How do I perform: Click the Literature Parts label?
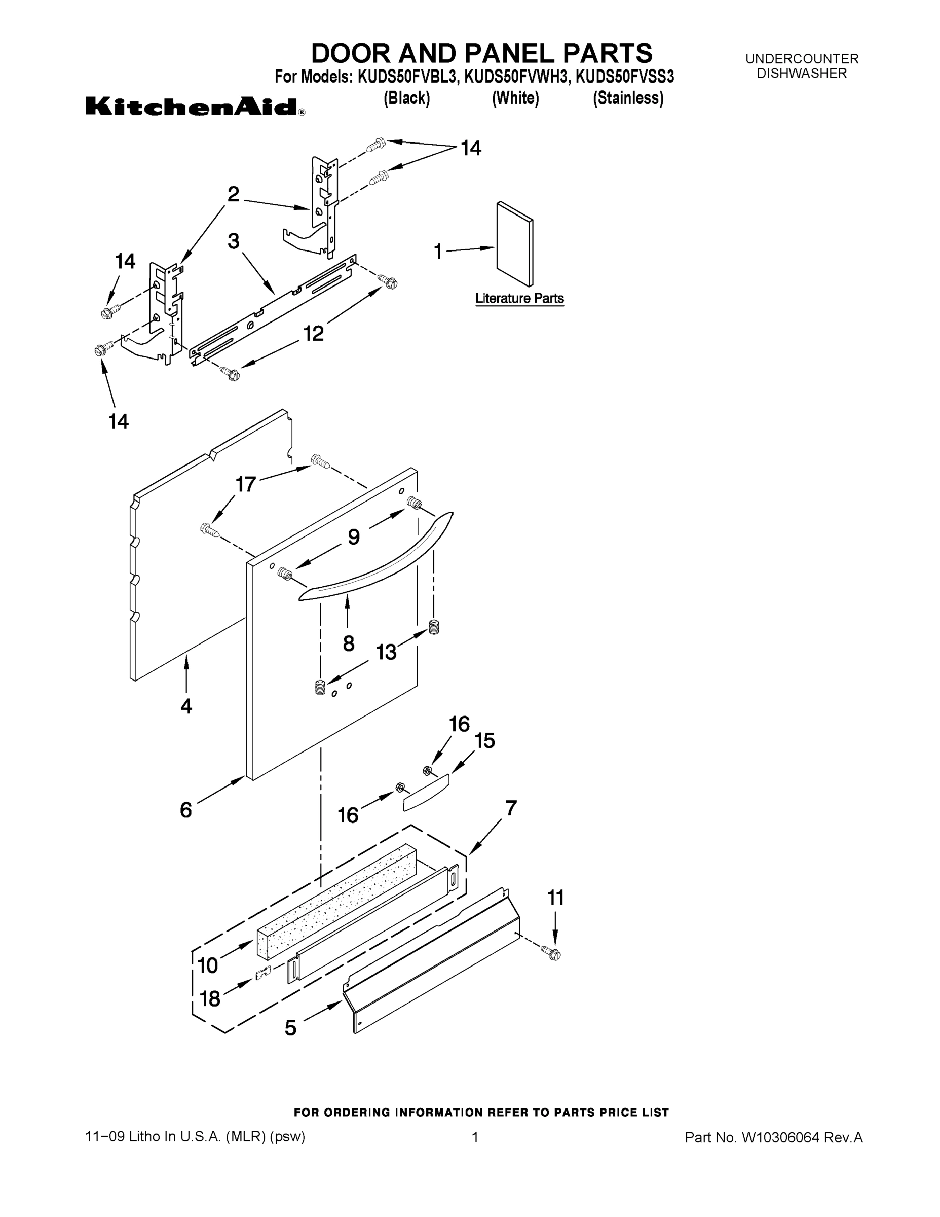[x=519, y=299]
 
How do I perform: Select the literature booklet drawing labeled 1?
[x=513, y=244]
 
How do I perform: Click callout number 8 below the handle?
[x=349, y=643]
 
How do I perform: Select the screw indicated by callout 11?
[x=554, y=954]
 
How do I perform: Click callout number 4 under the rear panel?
[x=186, y=706]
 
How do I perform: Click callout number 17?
[x=246, y=484]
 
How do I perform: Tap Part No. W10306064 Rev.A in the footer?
[x=773, y=1137]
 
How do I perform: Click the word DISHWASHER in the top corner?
[x=801, y=74]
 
